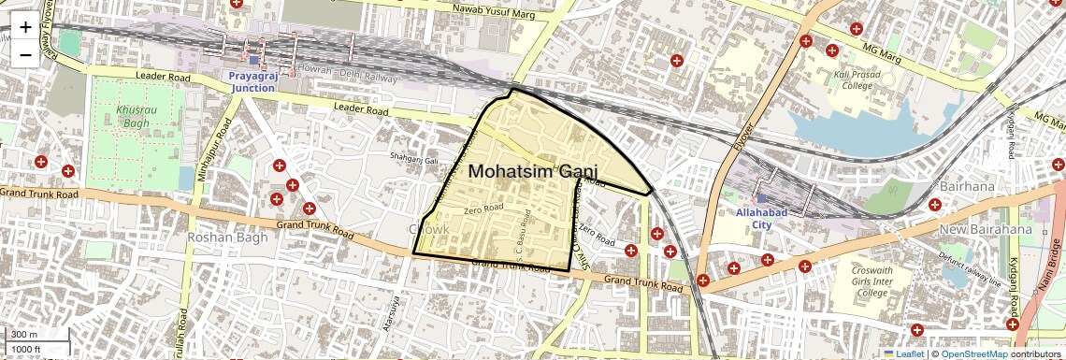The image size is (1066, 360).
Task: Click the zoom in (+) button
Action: [25, 27]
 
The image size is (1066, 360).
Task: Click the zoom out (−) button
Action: [25, 54]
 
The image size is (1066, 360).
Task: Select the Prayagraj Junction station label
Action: [252, 81]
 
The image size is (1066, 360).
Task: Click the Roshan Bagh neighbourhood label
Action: [222, 238]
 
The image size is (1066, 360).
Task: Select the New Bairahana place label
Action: [987, 229]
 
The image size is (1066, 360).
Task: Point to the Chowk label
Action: [429, 229]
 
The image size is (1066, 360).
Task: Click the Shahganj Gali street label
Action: [414, 158]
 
